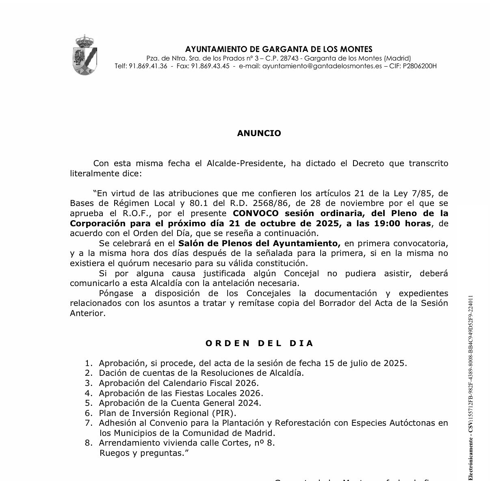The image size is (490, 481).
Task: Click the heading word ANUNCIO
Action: click(x=259, y=133)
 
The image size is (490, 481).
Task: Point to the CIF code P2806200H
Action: click(x=420, y=66)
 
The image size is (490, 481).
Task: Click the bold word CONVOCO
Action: click(x=256, y=213)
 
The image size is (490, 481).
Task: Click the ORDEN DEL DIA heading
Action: click(x=259, y=343)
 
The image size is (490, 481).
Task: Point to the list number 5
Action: click(x=89, y=403)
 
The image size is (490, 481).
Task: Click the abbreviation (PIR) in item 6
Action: click(x=223, y=413)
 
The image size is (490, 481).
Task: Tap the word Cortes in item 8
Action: click(x=245, y=443)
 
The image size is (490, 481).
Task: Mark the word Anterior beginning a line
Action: click(x=87, y=313)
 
